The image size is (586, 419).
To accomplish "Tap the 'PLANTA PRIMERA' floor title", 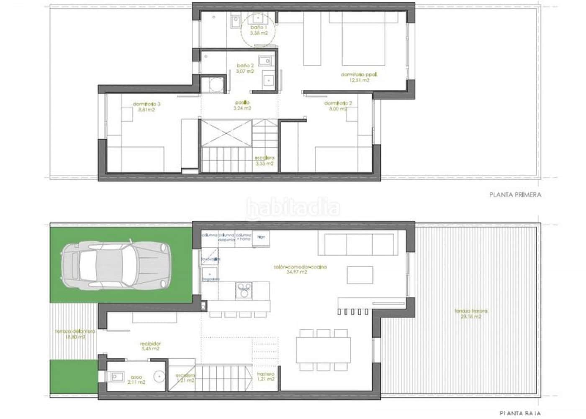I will click(515, 194).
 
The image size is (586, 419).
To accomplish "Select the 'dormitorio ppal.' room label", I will click(359, 75).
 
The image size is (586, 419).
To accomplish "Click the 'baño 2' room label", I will click(245, 66).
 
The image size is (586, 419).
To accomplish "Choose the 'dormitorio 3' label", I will click(146, 104).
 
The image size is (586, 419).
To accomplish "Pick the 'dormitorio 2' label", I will click(338, 103).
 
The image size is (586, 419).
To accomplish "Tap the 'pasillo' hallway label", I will click(242, 102).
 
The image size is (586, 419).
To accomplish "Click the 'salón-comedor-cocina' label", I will click(300, 267).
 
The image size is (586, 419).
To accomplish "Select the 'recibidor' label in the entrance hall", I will click(150, 344).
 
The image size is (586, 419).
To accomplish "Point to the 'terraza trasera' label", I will click(471, 311).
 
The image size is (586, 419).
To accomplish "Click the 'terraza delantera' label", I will click(75, 331).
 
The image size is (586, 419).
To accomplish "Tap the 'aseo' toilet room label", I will click(136, 377).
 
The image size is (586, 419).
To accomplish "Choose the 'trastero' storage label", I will click(265, 374).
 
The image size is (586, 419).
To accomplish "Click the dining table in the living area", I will click(323, 350).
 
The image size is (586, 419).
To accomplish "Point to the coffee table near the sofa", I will click(360, 275).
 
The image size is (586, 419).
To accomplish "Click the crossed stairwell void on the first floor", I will click(226, 133).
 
